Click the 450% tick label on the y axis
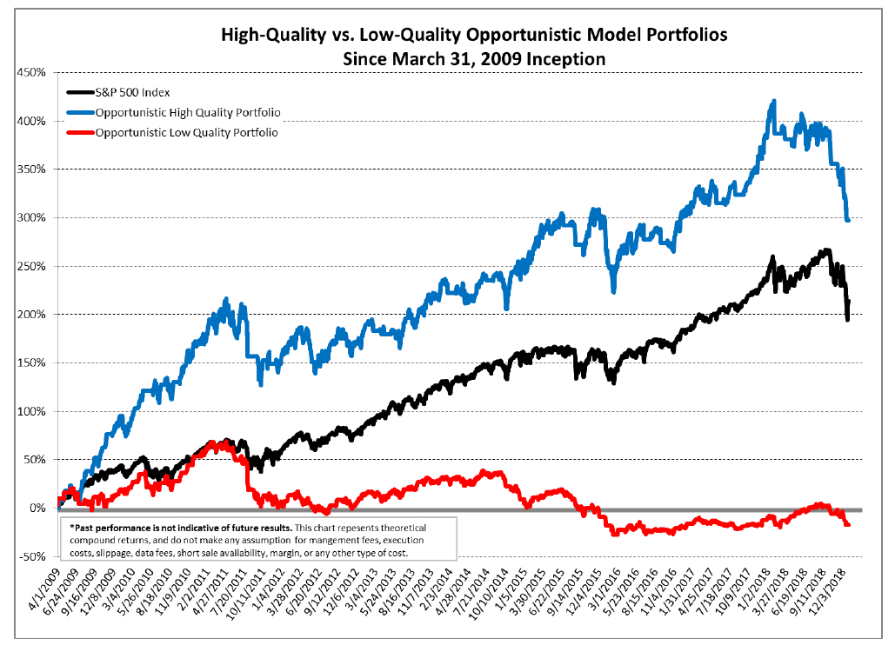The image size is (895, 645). (x=31, y=72)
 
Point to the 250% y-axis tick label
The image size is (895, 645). (x=31, y=266)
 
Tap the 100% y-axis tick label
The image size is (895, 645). (x=31, y=411)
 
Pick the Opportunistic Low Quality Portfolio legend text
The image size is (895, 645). (x=186, y=133)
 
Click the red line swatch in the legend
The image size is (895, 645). (x=81, y=133)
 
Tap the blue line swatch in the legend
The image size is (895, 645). (x=81, y=112)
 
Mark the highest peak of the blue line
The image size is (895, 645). (x=773, y=102)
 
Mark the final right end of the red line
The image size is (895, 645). (x=848, y=524)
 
